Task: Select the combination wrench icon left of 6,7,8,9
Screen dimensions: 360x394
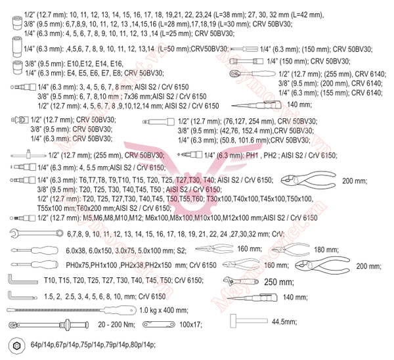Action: tap(32, 234)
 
